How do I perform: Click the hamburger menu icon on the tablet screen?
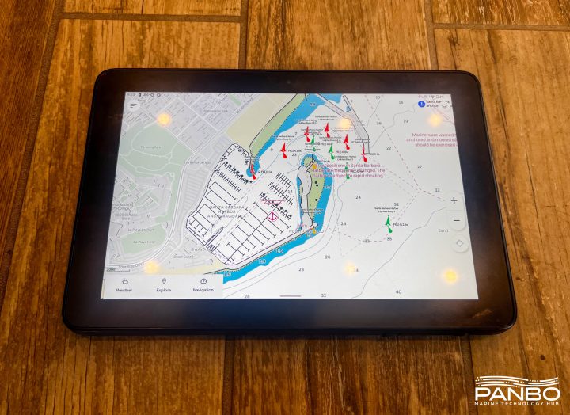134,105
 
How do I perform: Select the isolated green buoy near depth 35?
388,223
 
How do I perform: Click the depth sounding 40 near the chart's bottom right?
397,291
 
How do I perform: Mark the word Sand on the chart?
443,230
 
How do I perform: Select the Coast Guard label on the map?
183,257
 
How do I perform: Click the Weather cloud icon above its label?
124,280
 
